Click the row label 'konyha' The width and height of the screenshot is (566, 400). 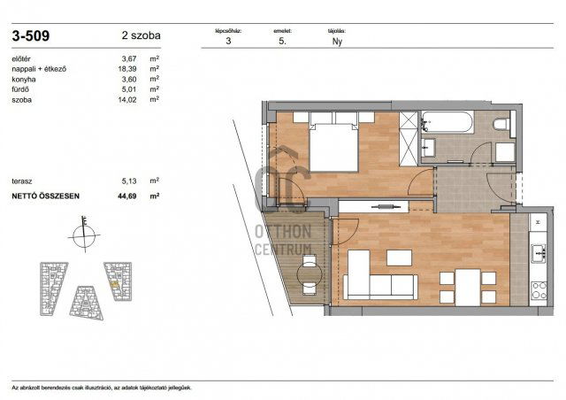25,79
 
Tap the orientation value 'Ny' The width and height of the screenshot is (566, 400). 337,41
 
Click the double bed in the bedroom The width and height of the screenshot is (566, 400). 332,145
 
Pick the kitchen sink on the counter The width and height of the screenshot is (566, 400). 539,252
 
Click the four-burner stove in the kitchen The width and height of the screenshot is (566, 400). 539,289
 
